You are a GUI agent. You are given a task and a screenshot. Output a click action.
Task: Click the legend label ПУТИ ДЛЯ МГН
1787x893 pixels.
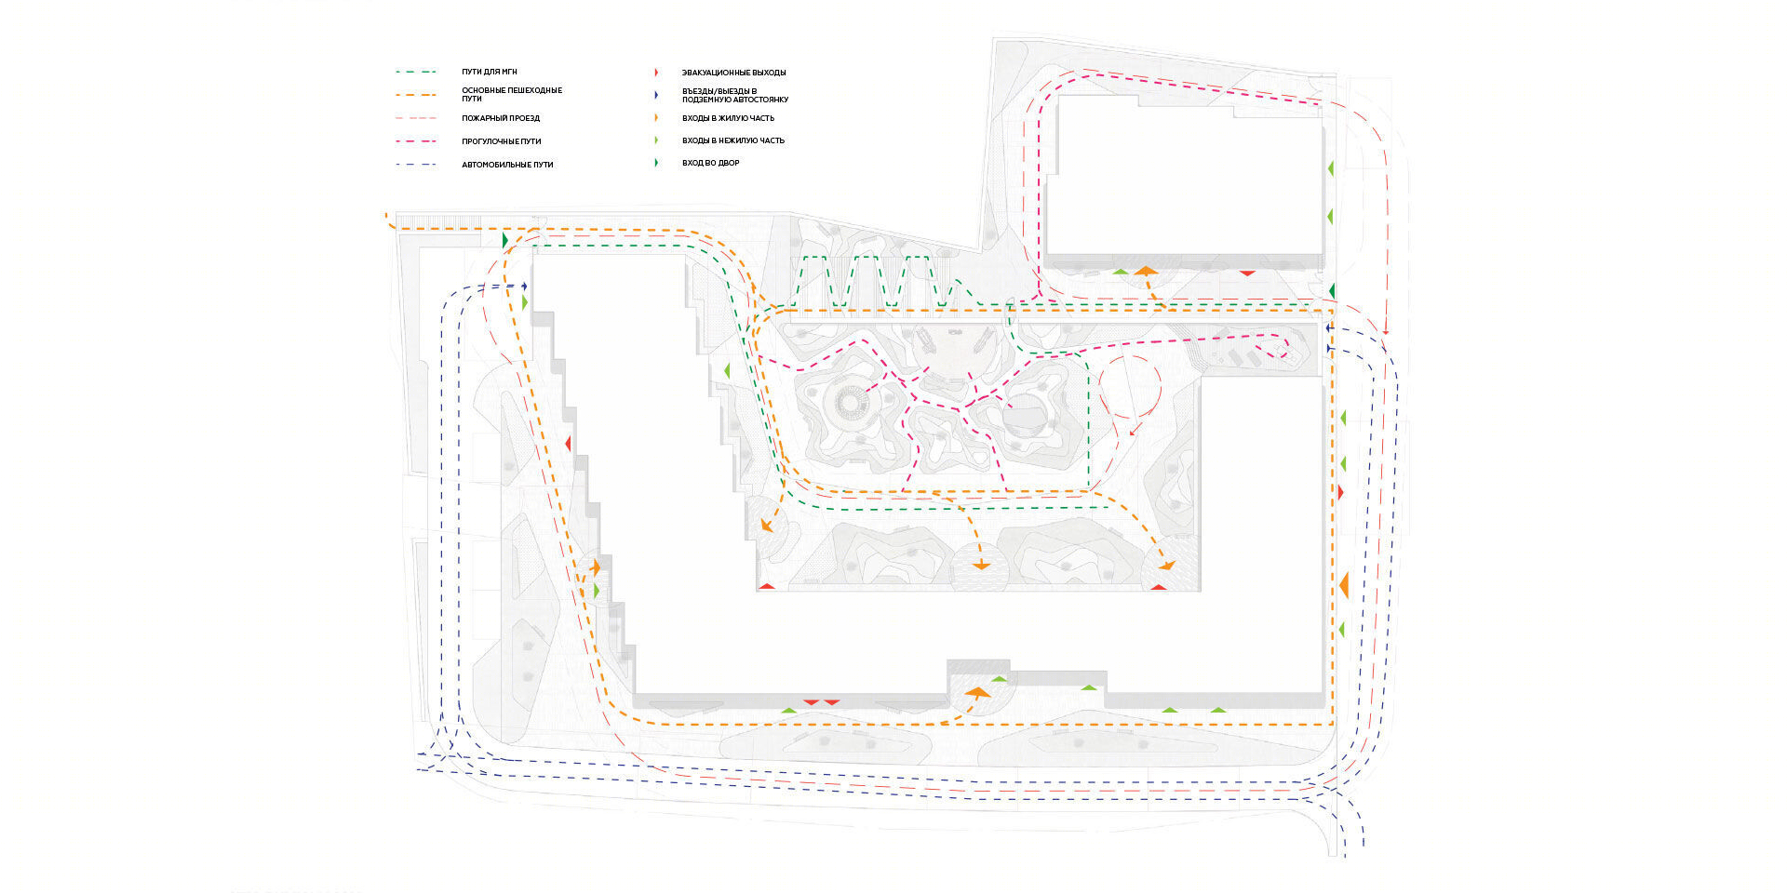490,72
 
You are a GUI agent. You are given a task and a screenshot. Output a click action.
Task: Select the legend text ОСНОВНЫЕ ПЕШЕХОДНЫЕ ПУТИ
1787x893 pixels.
512,94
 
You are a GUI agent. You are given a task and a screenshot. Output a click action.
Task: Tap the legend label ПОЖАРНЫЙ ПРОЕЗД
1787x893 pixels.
501,118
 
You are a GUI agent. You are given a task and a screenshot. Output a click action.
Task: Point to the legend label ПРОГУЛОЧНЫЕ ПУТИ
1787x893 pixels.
502,141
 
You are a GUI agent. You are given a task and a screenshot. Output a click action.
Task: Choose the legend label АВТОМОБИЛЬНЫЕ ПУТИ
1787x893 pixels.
507,165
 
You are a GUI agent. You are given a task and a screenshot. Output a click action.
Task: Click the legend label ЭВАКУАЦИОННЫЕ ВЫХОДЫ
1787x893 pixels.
733,73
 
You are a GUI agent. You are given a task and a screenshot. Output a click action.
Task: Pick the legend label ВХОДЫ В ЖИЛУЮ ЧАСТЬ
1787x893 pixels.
728,118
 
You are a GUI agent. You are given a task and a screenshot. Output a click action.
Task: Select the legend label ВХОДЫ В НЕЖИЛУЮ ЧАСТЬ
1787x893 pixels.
733,140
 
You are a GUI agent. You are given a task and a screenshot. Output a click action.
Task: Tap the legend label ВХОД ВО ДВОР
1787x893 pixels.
711,163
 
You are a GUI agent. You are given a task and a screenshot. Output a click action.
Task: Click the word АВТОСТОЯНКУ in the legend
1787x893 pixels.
759,100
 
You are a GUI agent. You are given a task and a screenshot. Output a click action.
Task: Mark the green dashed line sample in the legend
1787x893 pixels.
416,72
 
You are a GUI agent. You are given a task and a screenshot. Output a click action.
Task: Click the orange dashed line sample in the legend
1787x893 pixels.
416,95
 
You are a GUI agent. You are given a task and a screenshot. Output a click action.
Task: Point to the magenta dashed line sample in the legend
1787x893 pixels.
416,141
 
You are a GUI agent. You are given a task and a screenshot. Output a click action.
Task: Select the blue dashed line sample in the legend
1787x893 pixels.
416,165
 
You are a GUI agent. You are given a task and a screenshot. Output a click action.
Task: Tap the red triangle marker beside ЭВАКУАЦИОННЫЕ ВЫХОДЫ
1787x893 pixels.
657,73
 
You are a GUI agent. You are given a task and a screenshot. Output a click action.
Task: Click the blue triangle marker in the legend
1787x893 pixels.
657,95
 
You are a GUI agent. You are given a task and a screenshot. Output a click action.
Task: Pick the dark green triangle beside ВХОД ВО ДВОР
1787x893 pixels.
657,163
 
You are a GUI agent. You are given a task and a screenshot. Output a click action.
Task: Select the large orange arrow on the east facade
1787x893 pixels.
1344,585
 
